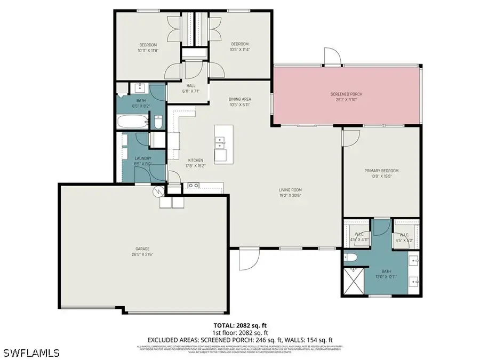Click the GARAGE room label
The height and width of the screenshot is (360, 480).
pyautogui.click(x=142, y=248)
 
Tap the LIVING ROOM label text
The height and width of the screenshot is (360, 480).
pyautogui.click(x=290, y=189)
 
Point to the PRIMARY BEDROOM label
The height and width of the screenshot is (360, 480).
pyautogui.click(x=381, y=171)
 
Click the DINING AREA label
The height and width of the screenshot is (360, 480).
pyautogui.click(x=239, y=99)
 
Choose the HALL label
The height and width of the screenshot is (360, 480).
pyautogui.click(x=191, y=85)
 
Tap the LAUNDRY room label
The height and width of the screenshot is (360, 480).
pyautogui.click(x=143, y=158)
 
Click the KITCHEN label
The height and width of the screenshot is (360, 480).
pyautogui.click(x=196, y=160)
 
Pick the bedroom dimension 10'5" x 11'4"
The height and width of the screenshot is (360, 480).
pyautogui.click(x=239, y=50)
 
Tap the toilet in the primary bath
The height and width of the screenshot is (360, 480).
pyautogui.click(x=350, y=258)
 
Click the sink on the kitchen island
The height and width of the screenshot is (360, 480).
pyautogui.click(x=220, y=143)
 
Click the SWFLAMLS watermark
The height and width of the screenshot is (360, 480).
pyautogui.click(x=31, y=353)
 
